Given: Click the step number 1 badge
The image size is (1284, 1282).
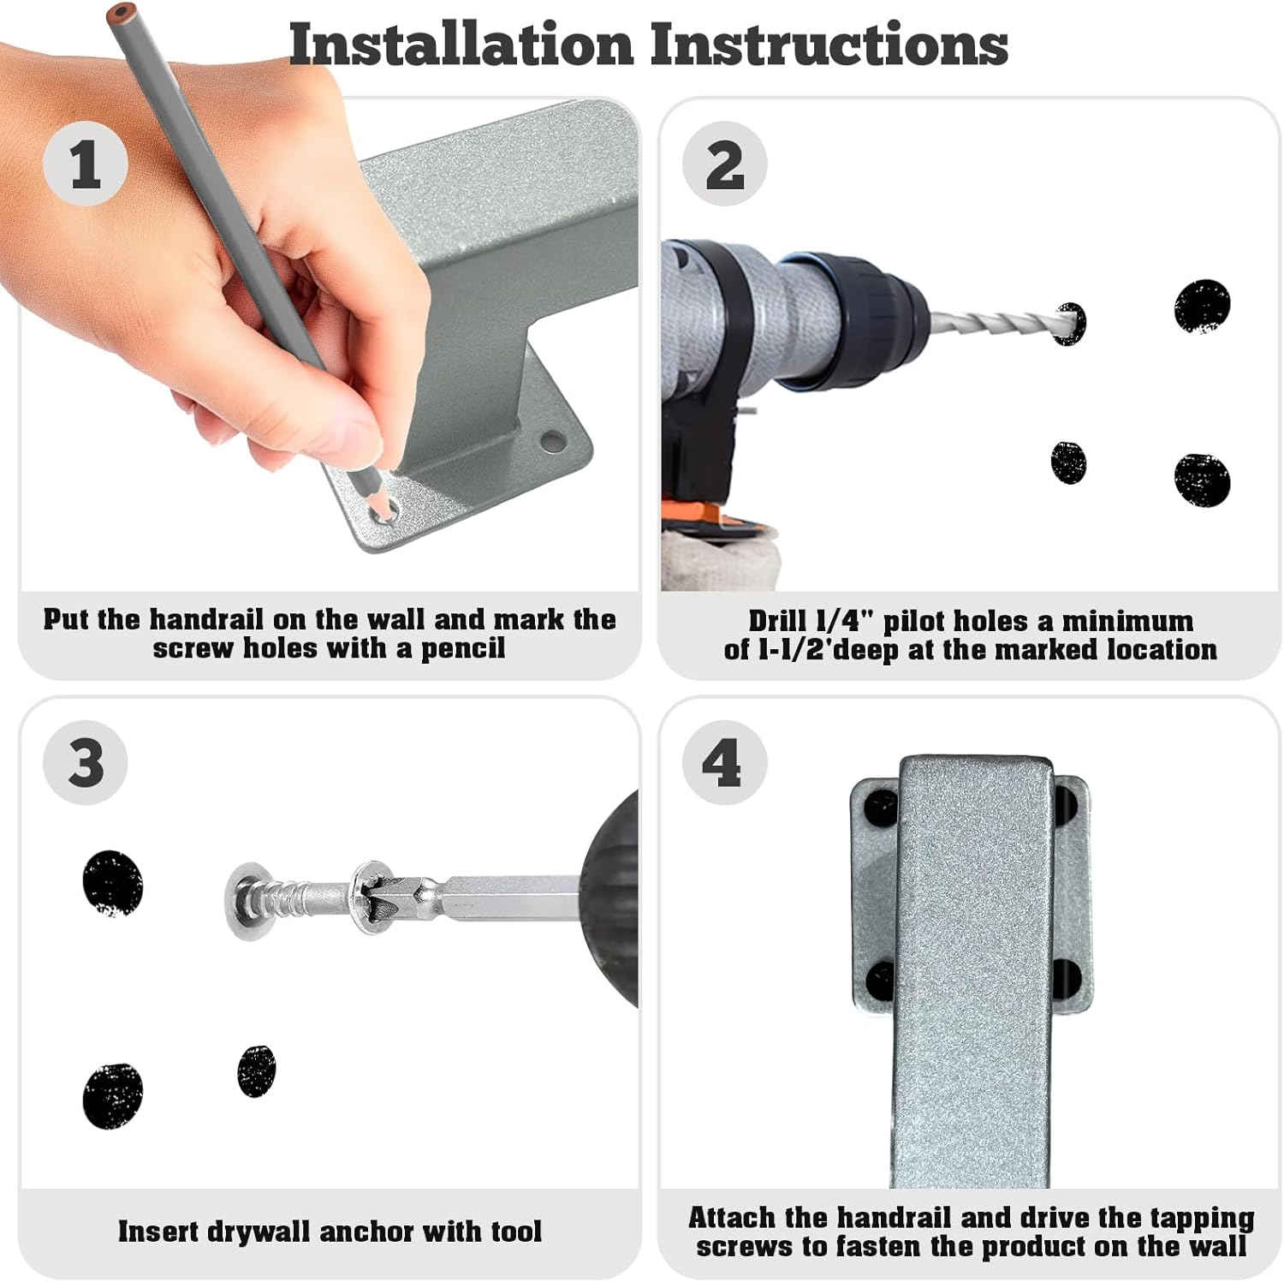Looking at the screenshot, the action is pos(86,164).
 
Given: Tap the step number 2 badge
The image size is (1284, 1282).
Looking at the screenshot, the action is pos(724,164).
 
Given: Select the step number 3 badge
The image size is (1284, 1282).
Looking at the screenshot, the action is pos(86,762).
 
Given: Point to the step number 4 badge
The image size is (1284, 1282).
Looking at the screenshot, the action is pos(724,762).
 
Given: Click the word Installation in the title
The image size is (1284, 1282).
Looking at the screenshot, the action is pos(461,45).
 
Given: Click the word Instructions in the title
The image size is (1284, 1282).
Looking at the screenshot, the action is pos(829,45).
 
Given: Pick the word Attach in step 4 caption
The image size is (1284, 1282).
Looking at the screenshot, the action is pos(733,1217).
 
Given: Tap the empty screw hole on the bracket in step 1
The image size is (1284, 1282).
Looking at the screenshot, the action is pos(552,442).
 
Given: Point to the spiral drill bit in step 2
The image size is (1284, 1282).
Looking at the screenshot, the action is pos(1002,323).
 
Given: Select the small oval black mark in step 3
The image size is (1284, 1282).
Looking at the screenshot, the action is pos(256,1070).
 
